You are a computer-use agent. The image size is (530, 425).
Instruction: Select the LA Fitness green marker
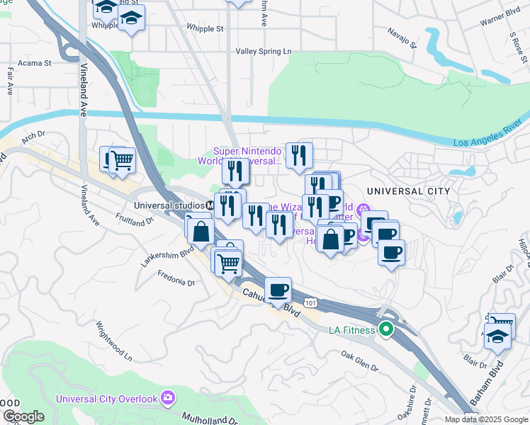[385, 329]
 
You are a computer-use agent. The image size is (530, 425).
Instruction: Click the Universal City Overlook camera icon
[167, 397]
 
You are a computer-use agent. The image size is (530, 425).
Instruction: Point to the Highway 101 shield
[310, 302]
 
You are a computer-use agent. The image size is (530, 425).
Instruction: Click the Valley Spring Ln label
[264, 52]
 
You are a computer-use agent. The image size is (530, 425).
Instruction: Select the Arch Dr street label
[33, 137]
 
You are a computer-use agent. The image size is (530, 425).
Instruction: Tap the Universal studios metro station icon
[210, 205]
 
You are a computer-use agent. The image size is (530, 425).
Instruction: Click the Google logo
[23, 416]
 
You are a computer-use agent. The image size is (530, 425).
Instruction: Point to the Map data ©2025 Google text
[487, 419]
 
